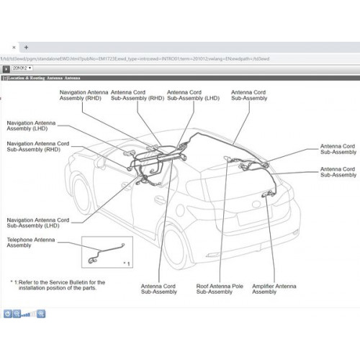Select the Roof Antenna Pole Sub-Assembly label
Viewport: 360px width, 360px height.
219,289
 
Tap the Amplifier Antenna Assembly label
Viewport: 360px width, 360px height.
274,289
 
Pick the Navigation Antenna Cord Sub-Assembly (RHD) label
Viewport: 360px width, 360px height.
37,147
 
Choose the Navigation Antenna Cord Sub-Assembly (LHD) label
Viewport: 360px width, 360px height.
37,222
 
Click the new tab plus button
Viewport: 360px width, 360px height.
27,46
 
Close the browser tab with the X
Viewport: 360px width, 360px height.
13,46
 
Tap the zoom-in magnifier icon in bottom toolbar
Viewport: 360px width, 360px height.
41,314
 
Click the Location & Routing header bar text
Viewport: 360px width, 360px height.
43,76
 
